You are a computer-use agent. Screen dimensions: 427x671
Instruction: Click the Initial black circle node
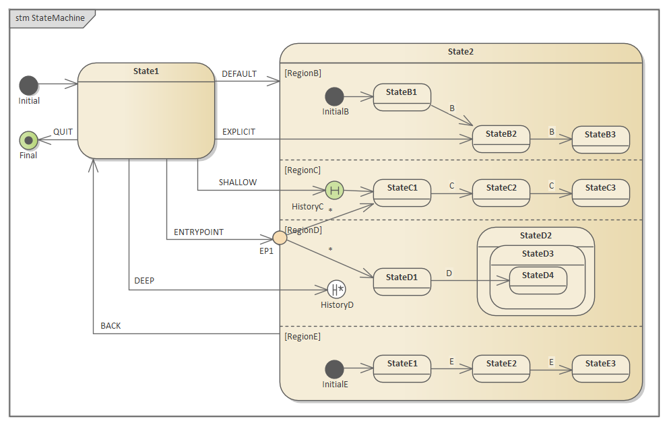28,85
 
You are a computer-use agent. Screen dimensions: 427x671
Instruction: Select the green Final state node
28,140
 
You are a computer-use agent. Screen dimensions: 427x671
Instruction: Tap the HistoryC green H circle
334,191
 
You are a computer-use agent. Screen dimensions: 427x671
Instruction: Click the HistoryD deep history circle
336,290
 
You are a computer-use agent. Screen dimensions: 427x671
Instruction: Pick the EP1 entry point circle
280,237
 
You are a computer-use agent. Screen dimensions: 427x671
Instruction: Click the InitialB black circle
334,97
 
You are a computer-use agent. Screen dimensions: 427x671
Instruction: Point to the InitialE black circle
334,369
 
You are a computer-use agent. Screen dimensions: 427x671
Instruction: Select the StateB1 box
402,97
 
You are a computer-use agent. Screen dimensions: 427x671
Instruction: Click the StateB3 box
600,139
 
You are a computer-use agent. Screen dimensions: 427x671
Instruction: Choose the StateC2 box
501,193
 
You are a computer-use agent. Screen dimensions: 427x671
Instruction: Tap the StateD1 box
402,282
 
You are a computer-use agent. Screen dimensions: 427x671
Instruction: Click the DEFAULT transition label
239,74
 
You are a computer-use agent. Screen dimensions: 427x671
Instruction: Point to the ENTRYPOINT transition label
199,232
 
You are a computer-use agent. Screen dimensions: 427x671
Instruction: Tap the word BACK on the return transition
110,326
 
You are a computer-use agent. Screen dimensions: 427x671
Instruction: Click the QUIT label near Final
63,132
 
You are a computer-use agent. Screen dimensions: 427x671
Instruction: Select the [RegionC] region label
302,170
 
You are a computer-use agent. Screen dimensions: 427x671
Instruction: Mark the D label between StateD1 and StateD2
449,273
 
